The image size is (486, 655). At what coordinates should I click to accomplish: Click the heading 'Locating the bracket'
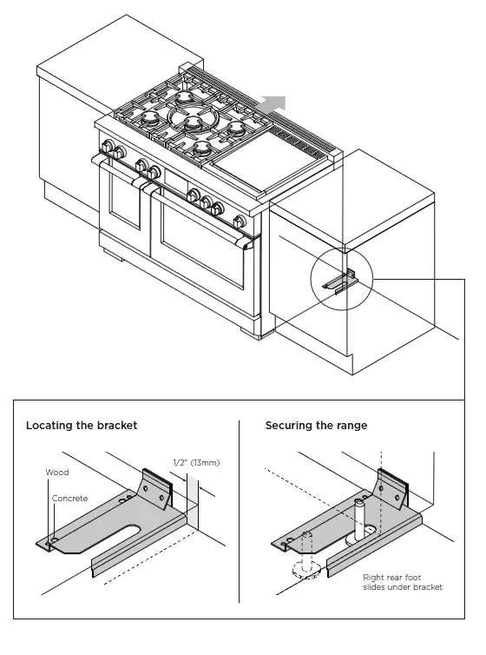click(x=82, y=426)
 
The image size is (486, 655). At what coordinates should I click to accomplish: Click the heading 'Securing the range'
click(x=316, y=426)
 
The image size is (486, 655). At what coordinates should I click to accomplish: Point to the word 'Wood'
click(x=56, y=473)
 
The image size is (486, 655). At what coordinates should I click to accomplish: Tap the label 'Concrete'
click(x=69, y=499)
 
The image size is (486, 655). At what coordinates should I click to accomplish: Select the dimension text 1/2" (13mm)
click(x=196, y=463)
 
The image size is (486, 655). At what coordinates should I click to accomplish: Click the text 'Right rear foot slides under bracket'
click(x=402, y=582)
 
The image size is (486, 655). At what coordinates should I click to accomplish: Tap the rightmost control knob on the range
click(x=218, y=208)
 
